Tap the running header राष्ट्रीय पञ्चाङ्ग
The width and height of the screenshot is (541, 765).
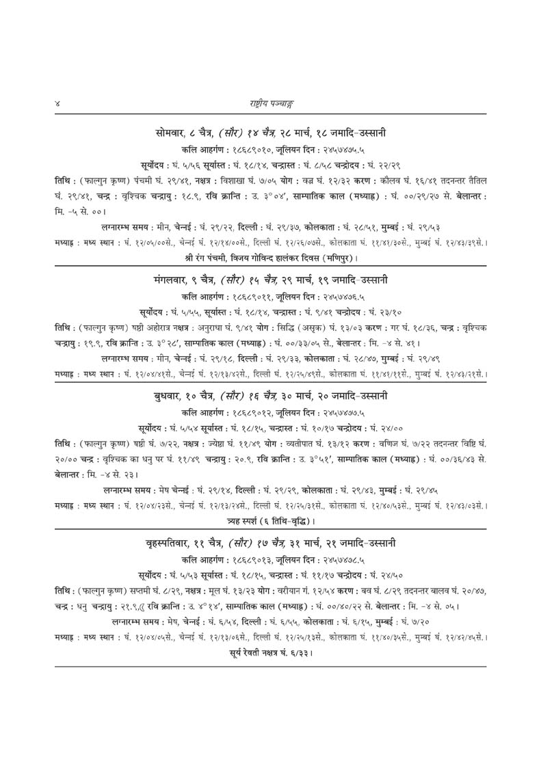pyautogui.click(x=270, y=103)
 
